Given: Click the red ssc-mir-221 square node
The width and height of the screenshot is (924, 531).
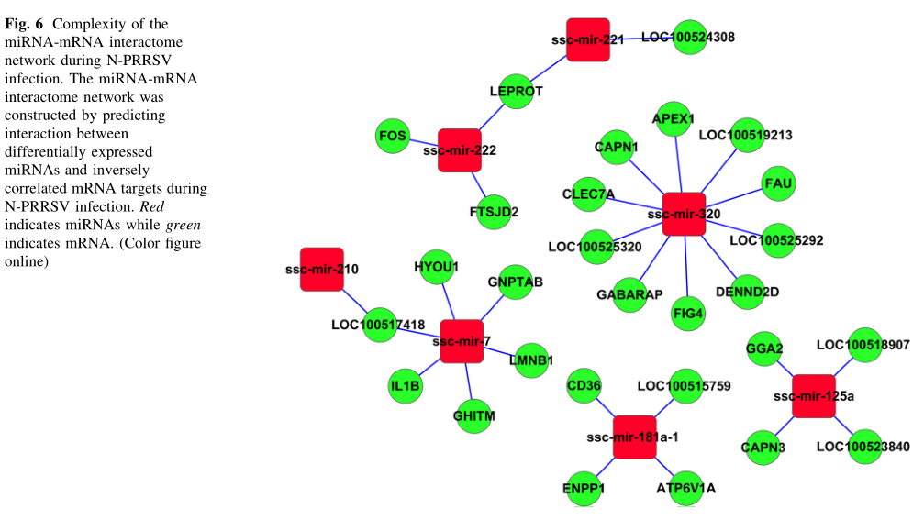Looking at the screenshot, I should tap(587, 39).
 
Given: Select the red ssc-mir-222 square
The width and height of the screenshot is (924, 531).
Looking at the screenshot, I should tap(460, 150).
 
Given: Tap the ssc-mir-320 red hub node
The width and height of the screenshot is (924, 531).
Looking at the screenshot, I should tap(683, 215).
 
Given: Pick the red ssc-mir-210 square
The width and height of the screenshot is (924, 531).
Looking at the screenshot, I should tap(321, 269).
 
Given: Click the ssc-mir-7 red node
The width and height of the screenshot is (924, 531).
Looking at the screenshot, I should tap(462, 341).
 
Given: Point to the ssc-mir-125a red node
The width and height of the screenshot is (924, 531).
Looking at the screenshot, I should tap(813, 396).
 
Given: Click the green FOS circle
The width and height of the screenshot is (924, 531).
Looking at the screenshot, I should tap(393, 137).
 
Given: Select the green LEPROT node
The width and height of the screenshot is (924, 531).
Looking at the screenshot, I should tap(517, 91).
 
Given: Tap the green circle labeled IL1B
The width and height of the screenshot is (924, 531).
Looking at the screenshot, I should tap(405, 386).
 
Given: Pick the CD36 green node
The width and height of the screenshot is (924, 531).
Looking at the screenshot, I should tap(584, 385).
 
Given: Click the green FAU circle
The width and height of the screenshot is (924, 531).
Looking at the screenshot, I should tap(779, 183).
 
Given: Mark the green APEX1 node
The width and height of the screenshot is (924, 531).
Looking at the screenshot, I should tap(674, 120).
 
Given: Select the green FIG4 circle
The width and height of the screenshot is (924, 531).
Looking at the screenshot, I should tap(688, 313).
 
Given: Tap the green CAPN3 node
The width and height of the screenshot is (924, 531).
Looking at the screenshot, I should tap(763, 447).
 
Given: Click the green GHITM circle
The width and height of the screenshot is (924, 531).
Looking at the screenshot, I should tap(474, 416).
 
